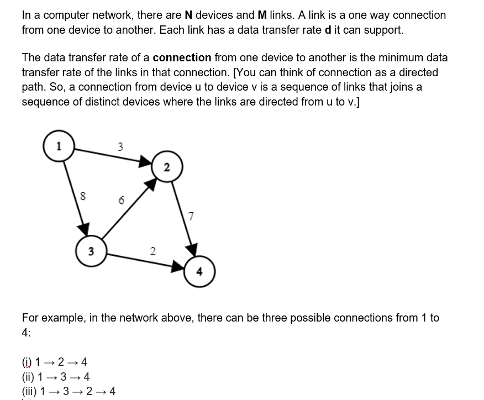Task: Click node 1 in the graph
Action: (59, 146)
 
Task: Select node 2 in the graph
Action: (167, 167)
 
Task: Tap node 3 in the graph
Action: (91, 251)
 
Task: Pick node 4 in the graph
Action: (199, 271)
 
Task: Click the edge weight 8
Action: (82, 195)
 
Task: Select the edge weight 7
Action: (191, 216)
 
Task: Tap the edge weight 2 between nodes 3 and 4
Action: (152, 251)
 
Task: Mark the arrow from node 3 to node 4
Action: (146, 261)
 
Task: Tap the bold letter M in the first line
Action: (263, 15)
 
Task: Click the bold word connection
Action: (182, 57)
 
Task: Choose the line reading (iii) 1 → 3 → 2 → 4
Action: (69, 392)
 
